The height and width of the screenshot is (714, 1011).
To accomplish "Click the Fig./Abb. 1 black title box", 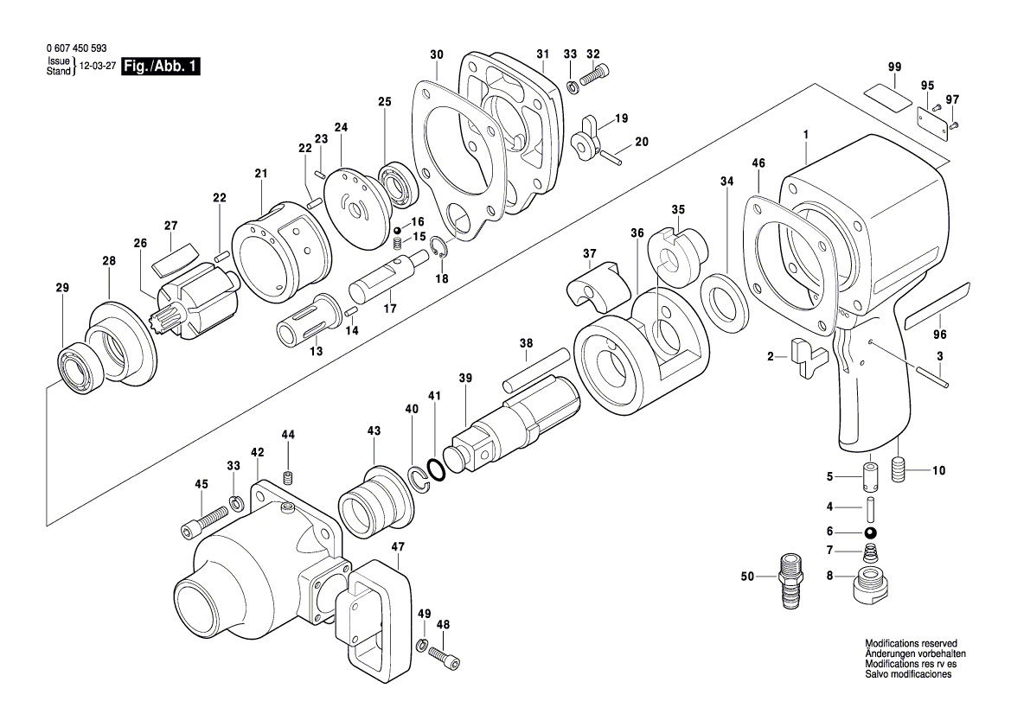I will pyautogui.click(x=162, y=67).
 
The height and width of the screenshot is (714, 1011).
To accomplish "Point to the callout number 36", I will pyautogui.click(x=637, y=233).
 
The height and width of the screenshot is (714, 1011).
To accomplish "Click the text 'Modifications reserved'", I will pyautogui.click(x=911, y=644).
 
